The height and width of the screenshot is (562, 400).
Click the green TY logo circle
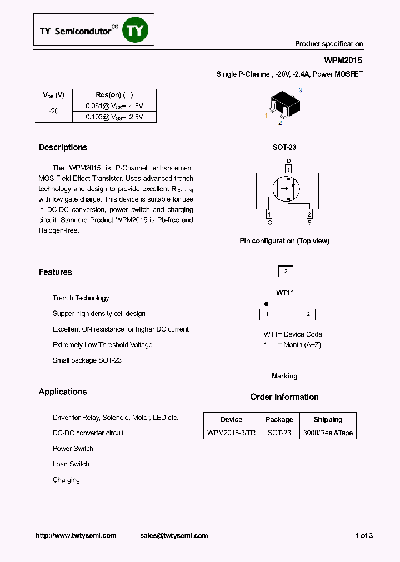(136, 31)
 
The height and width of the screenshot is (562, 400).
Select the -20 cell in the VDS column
(53, 111)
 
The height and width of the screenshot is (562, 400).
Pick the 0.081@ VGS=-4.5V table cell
(114, 106)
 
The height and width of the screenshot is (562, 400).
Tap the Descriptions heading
(63, 147)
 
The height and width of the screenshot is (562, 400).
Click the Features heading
(55, 272)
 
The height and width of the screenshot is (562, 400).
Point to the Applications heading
(63, 392)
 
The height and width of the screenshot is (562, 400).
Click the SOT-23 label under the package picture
(284, 147)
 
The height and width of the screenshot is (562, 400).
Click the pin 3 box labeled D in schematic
(288, 169)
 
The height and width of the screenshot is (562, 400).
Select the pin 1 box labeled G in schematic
(269, 214)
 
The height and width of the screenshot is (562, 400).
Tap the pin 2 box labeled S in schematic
(309, 214)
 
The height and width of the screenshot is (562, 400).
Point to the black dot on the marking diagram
(267, 304)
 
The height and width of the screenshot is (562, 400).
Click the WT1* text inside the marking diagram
(284, 292)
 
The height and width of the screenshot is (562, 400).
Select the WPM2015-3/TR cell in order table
(231, 433)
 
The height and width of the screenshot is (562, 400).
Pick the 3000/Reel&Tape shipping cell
(328, 433)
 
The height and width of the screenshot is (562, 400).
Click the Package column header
(279, 419)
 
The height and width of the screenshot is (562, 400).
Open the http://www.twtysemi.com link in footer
(76, 535)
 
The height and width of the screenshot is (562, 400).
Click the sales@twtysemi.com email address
(173, 535)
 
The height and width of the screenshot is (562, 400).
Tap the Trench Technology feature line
(81, 298)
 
